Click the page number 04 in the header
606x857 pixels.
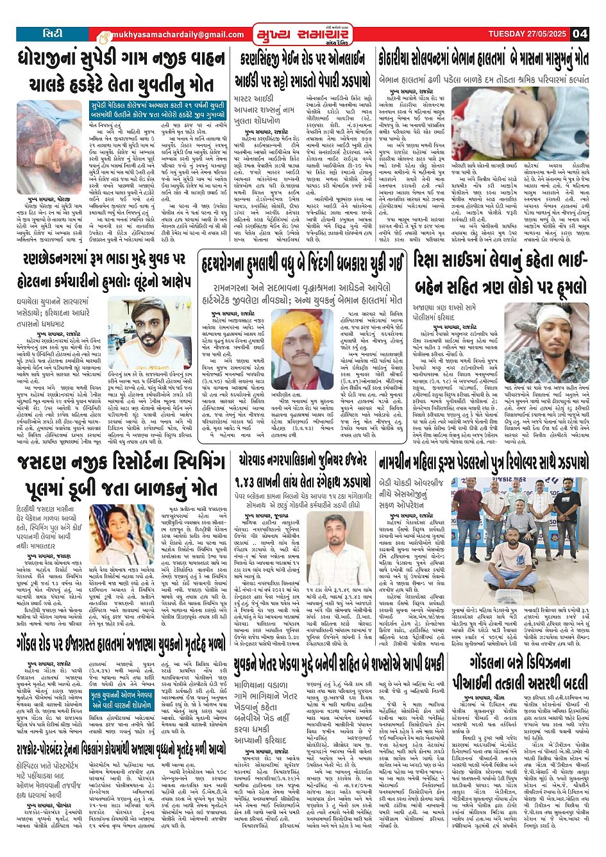coord(580,33)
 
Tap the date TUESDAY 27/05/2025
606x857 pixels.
coord(528,33)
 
